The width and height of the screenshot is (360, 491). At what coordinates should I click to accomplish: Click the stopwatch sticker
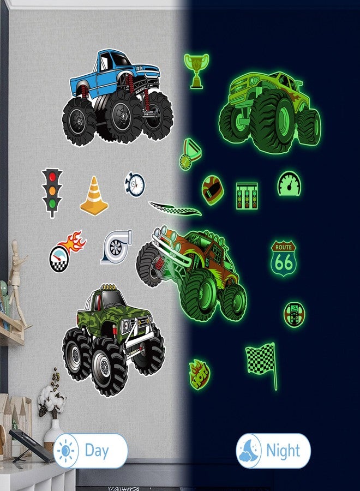click(x=135, y=184)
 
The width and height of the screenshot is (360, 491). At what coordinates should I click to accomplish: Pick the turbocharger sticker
click(x=116, y=247)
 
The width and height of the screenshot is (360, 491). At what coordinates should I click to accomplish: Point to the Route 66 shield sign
click(x=284, y=258)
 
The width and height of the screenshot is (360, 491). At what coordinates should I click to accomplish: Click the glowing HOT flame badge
click(x=199, y=374)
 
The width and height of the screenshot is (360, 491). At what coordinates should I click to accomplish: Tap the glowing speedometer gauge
click(x=289, y=184)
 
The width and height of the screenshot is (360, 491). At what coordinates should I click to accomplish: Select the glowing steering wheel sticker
click(x=294, y=314)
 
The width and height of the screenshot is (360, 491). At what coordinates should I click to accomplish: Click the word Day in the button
click(x=97, y=451)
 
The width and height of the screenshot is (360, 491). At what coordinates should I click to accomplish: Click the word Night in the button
click(x=283, y=451)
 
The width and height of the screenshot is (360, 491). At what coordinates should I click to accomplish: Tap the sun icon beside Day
click(x=67, y=451)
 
